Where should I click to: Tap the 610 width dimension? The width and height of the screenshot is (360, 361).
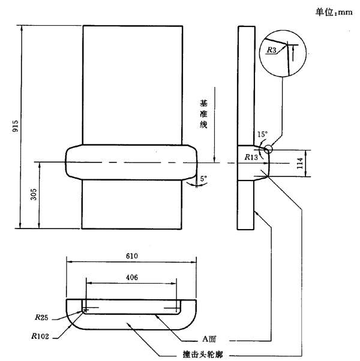132,256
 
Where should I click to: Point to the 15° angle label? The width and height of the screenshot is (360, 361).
262,136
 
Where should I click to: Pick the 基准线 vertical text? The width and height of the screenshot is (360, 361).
203,114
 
